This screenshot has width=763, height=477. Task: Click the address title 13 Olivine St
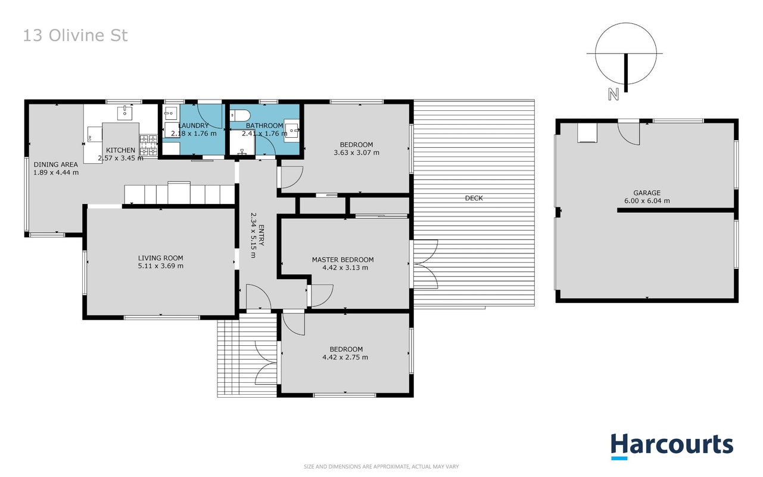(x=75, y=35)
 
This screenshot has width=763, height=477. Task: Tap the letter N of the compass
(x=613, y=94)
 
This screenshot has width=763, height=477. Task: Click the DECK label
(x=474, y=198)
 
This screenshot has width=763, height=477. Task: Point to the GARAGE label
(x=647, y=193)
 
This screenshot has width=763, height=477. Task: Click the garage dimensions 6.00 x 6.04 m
(x=647, y=201)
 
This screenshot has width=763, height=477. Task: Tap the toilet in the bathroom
(x=240, y=115)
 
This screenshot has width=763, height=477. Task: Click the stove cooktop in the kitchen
(x=148, y=145)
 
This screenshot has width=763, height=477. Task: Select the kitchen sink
(x=124, y=113)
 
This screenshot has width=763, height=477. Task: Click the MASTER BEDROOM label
(x=342, y=260)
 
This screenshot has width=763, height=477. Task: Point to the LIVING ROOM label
(x=160, y=258)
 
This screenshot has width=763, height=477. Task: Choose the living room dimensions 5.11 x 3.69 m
(x=160, y=266)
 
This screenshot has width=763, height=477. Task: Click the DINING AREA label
(x=55, y=165)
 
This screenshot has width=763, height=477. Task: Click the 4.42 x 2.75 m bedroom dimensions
(x=345, y=357)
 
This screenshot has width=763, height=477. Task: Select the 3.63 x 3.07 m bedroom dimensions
(x=356, y=153)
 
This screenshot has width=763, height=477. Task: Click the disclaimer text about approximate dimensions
(x=381, y=466)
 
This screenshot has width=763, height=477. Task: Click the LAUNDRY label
(x=193, y=125)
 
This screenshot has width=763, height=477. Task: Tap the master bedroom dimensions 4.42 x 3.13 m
(x=345, y=268)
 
